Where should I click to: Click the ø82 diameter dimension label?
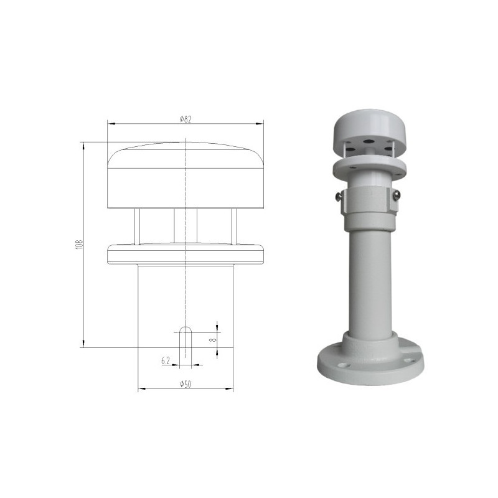[185, 120]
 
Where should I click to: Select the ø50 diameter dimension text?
[185, 385]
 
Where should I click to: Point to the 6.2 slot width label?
[166, 360]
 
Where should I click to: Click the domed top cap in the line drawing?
[186, 177]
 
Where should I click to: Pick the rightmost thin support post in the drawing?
[234, 227]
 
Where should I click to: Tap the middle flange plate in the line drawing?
[186, 253]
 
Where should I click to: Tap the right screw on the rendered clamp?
[397, 195]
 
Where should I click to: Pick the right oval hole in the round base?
[408, 359]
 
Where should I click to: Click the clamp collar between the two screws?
[368, 199]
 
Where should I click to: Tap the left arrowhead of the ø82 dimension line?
[111, 123]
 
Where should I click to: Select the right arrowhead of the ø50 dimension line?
[230, 389]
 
